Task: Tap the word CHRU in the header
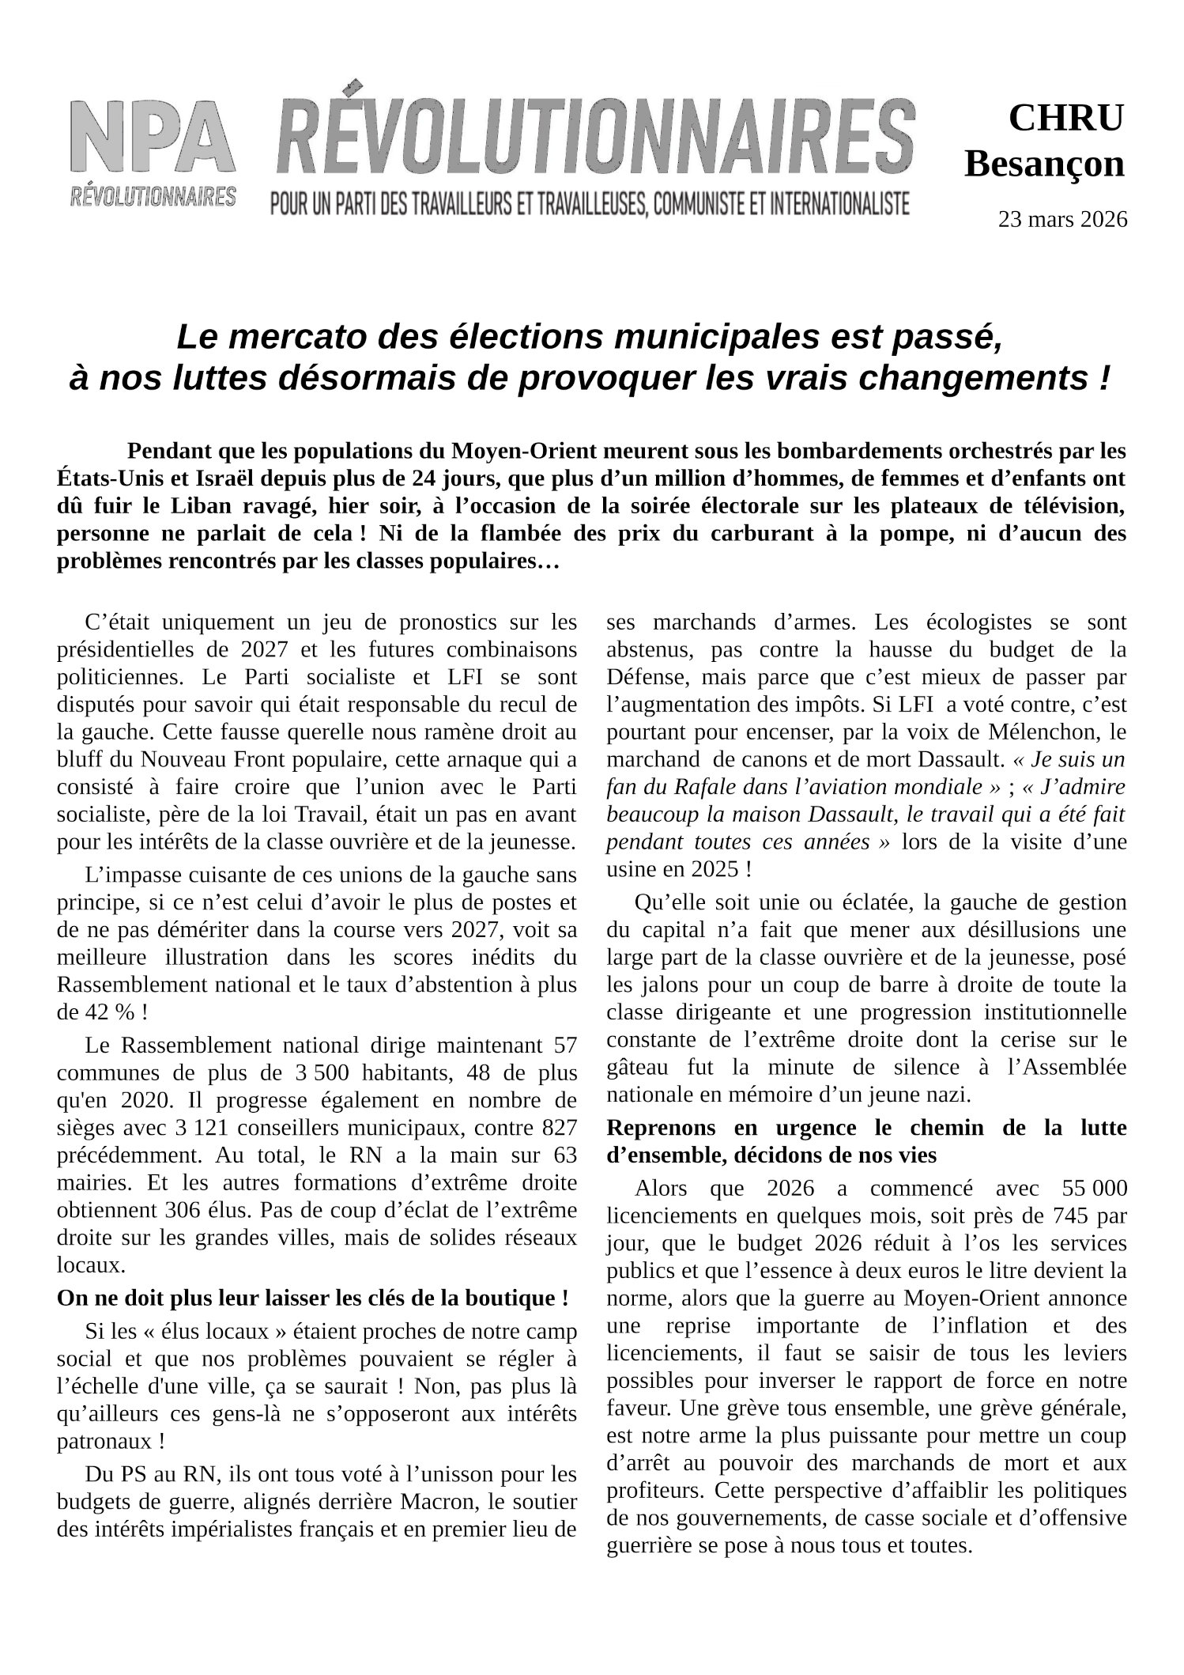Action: pos(1065,119)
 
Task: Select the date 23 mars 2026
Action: pos(1062,219)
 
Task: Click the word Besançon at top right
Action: pos(1044,164)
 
